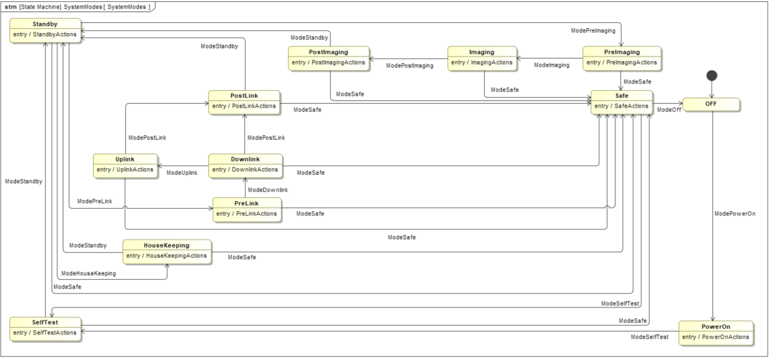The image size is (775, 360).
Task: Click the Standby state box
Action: coord(45,31)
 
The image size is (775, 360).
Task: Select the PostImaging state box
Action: coord(329,59)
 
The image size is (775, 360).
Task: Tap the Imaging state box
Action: coord(482,59)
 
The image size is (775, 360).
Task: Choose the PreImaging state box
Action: coord(621,59)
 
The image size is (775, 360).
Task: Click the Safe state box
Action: coord(621,102)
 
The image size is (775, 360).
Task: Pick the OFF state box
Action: coord(711,104)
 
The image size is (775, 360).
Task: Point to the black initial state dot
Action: coord(712,75)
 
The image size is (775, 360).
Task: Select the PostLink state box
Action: coord(244,102)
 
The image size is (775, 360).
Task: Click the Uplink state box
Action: coord(125,166)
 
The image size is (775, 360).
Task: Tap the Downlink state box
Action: coord(245,166)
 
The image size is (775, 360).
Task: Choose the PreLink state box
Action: coord(246,209)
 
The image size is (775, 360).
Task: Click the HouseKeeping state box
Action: coord(166,252)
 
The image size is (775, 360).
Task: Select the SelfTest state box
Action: coord(46,329)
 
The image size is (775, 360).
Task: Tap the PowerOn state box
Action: coord(716,333)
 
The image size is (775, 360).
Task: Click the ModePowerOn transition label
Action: coord(735,214)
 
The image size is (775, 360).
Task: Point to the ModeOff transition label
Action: coord(669,110)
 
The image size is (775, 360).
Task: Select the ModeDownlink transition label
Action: coord(268,190)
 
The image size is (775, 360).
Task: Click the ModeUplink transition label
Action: coord(182,173)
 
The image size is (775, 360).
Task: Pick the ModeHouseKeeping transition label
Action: coord(88,274)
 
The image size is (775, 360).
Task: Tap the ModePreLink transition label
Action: coord(95,201)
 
